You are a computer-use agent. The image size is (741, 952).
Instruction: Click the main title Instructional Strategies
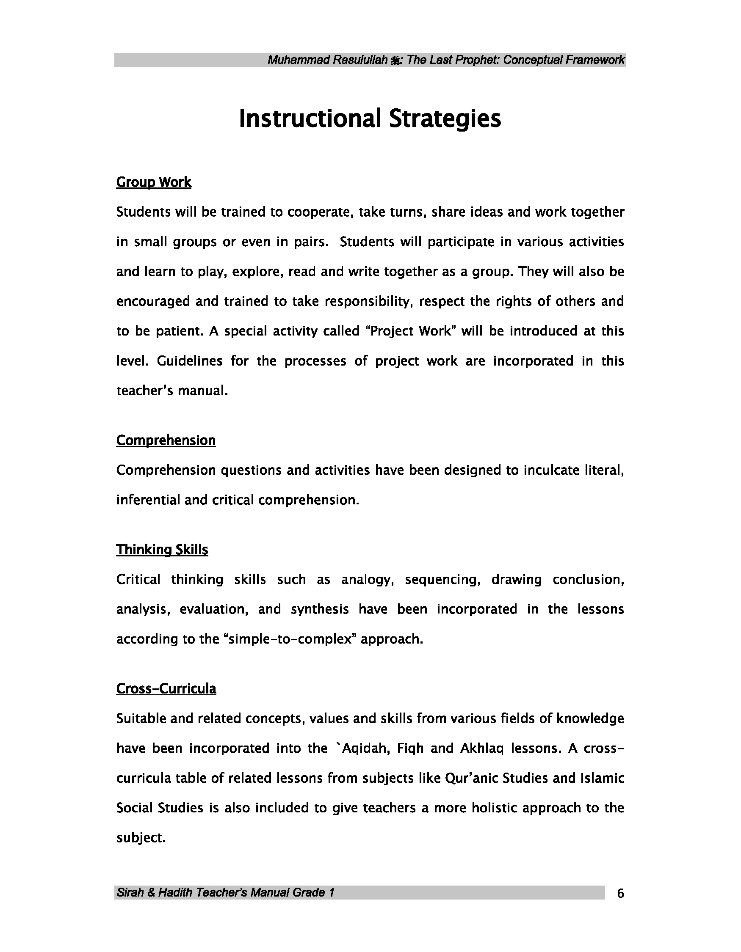click(x=370, y=118)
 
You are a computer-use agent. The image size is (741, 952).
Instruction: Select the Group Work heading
click(x=154, y=182)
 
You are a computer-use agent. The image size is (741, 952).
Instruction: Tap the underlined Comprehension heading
click(x=166, y=440)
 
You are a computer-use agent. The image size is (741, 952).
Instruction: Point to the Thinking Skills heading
click(x=162, y=550)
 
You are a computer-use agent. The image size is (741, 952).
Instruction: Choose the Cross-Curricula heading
click(x=166, y=689)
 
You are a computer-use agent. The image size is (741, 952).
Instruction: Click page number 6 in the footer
click(x=621, y=894)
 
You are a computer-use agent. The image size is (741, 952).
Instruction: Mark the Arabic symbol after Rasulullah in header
click(x=395, y=61)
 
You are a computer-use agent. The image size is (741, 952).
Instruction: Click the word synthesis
click(x=320, y=609)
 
